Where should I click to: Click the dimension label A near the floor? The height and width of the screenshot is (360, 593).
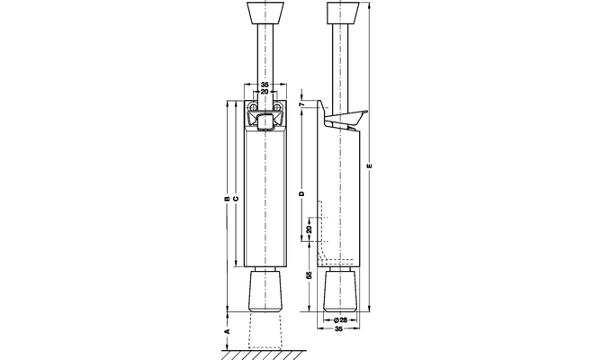228,331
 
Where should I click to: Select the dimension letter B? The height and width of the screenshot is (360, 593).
228,199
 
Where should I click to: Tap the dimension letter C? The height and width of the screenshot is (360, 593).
236,199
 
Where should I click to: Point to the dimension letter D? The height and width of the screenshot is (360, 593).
301,193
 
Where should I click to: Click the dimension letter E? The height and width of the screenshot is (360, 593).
370,166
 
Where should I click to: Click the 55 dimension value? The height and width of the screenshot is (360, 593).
310,275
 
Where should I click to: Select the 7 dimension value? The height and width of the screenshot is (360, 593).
301,104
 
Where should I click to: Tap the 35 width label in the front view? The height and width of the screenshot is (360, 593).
265,85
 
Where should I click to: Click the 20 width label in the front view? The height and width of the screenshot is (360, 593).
265,92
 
